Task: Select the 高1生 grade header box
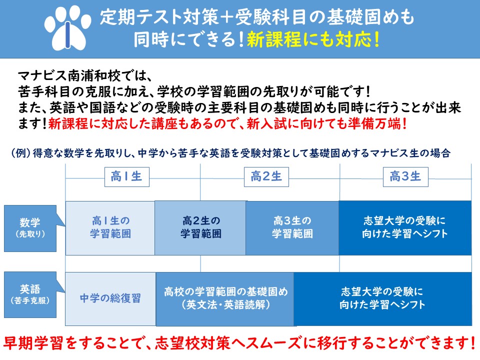[126, 177]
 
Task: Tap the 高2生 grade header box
[266, 177]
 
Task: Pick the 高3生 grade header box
[405, 177]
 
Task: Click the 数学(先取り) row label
[30, 228]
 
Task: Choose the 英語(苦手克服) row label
[30, 295]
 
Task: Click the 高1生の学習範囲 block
[110, 228]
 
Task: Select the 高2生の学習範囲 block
[200, 228]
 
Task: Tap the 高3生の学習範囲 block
[292, 228]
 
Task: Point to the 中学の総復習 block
[110, 299]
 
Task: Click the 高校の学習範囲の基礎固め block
[225, 299]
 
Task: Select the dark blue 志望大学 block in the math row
[405, 228]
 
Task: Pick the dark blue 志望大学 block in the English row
[382, 299]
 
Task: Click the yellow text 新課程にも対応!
[313, 39]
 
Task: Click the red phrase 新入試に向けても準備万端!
[326, 124]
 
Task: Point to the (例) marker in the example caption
[21, 153]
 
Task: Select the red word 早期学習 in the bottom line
[33, 343]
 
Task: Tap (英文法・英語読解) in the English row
[225, 305]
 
